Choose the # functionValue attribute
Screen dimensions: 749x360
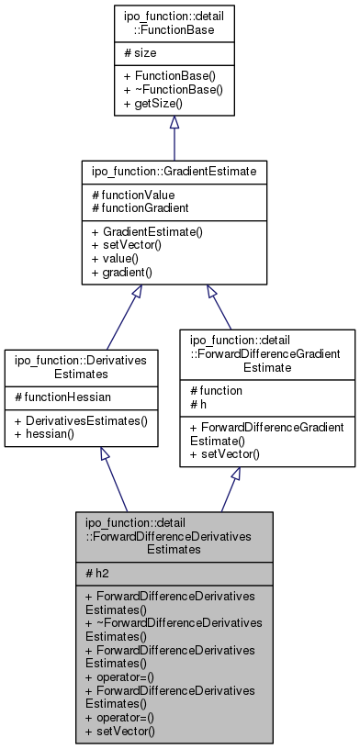tap(133, 195)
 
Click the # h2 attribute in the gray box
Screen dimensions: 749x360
tap(96, 572)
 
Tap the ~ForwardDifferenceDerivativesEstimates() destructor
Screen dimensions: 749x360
tap(174, 629)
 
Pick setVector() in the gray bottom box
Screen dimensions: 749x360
tap(119, 732)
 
